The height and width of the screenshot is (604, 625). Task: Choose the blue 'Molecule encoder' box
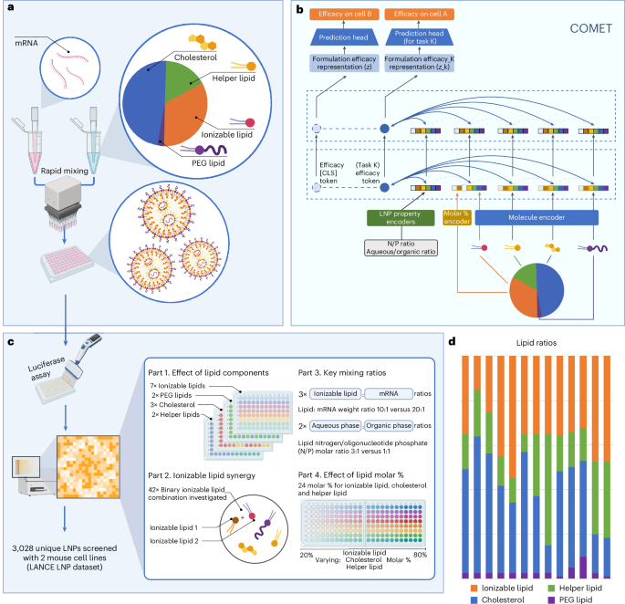point(536,218)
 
